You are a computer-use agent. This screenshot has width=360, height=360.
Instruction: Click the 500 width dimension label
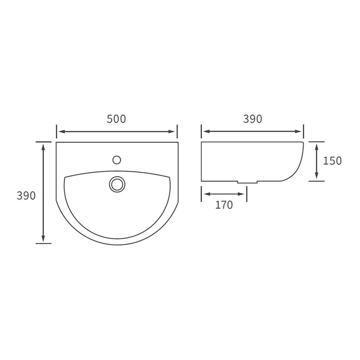[x=116, y=119]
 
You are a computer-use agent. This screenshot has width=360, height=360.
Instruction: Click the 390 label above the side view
[x=252, y=119]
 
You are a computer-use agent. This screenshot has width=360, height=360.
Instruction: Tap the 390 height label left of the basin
[x=26, y=195]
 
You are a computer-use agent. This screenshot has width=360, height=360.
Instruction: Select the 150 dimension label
[x=332, y=161]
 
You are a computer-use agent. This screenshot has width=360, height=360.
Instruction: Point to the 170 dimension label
[x=224, y=205]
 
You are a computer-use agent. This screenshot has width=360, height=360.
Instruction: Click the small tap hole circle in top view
[x=117, y=159]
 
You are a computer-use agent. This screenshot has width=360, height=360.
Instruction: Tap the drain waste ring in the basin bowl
[x=117, y=184]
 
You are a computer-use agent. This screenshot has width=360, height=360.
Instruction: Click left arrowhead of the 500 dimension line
[x=61, y=132]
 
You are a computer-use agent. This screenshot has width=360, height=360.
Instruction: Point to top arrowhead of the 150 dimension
[x=316, y=146]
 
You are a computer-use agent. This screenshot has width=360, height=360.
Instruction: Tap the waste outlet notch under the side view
[x=247, y=182]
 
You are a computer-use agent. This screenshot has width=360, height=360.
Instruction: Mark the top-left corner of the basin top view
[x=57, y=143]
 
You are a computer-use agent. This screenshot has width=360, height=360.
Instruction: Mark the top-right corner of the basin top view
[x=178, y=143]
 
